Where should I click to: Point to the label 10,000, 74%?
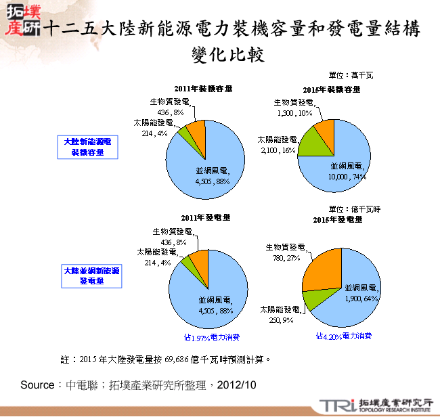[x=348, y=176]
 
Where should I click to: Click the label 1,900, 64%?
[x=360, y=298]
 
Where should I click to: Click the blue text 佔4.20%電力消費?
[x=343, y=335]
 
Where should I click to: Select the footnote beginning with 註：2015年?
[x=166, y=357]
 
